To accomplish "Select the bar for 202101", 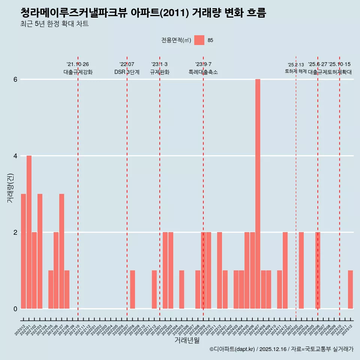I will tap(29, 232).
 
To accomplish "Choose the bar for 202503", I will tap(301, 270).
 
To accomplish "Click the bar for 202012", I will tap(23, 251).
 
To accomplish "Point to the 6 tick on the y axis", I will tap(15, 79).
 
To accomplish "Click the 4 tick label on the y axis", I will tap(15, 156).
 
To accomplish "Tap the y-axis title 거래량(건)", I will tap(10, 188).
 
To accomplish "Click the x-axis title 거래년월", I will tap(187, 340).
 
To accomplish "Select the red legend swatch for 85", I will tap(199, 40).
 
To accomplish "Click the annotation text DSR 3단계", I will tap(127, 72).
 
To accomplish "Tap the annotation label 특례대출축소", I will tap(203, 72).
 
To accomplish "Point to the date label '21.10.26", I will tap(78, 64).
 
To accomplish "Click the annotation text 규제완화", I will tap(159, 72).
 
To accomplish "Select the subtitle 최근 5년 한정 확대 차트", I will tap(55, 24).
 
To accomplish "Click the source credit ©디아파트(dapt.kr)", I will tap(232, 349).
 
